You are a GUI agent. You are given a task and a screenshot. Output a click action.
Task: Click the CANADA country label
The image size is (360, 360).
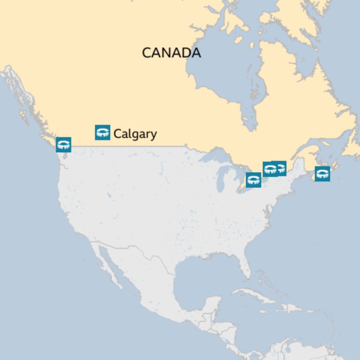(171, 52)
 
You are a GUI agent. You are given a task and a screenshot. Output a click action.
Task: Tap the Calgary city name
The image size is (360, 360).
(135, 134)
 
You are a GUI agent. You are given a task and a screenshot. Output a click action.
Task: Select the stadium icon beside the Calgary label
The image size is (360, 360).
(103, 132)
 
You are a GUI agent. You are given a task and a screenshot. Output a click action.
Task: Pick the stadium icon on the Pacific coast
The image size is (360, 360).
(63, 144)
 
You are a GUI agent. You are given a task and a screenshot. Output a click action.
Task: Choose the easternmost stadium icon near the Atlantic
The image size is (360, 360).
(322, 174)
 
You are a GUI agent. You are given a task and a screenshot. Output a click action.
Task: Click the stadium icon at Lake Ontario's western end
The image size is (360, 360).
(254, 180)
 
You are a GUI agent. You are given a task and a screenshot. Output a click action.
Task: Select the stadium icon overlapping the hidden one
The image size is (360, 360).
(270, 169)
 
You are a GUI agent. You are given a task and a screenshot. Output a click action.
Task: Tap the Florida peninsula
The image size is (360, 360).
(245, 270)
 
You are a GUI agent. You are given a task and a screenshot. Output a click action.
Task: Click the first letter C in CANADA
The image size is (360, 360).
(147, 52)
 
